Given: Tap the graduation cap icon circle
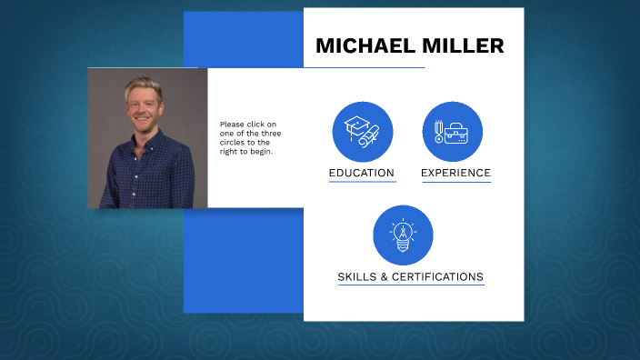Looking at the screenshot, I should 363,131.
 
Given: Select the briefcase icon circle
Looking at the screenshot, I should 453,131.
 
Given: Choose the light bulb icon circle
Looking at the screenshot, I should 403,235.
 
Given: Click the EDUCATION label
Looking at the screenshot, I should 362,173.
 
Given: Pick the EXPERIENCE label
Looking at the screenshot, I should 455,173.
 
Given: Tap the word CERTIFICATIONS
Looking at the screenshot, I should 440,276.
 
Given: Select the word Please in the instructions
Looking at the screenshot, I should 233,125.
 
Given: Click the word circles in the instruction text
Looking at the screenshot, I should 234,143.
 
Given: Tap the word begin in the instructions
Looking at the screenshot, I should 262,152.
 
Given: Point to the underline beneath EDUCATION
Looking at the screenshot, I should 362,182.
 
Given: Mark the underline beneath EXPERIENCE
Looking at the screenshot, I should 455,182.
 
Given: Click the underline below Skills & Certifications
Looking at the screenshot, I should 410,285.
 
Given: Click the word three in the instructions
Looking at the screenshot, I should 271,134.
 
